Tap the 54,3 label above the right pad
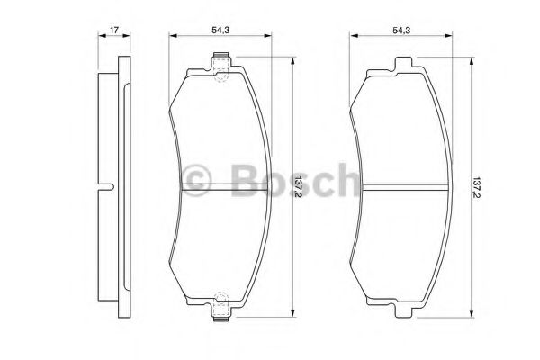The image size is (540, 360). coord(401,31)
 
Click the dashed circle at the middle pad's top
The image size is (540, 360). coord(221,76)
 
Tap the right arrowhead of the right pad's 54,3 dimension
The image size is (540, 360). coord(452,37)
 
